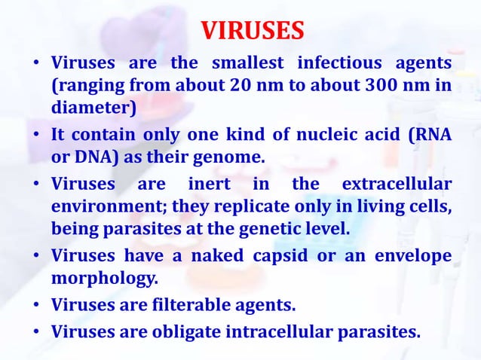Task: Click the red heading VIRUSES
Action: pos(253,31)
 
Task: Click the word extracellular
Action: pos(397,185)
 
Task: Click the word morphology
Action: pos(104,279)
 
